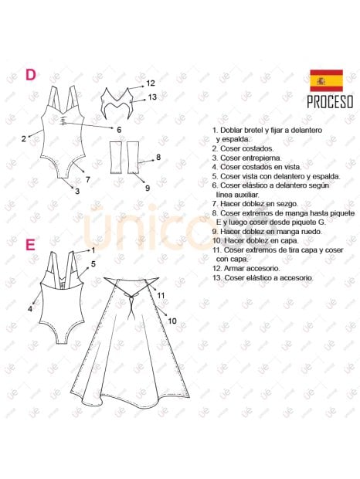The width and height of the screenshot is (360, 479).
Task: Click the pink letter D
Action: click(31, 74)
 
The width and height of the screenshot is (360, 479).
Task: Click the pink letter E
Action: click(30, 245)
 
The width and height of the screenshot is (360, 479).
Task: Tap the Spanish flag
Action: click(327, 80)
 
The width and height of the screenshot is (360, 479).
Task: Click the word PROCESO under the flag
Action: click(330, 102)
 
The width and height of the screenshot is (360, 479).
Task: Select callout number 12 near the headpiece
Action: click(151, 83)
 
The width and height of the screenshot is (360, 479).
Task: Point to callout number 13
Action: click(152, 97)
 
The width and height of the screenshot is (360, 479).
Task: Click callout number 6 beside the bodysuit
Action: click(119, 130)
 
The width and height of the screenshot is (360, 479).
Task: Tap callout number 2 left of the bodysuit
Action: click(24, 139)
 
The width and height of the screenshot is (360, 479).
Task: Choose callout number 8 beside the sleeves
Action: click(158, 157)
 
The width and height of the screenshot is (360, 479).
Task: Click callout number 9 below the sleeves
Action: click(148, 188)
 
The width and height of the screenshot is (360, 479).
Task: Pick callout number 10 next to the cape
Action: click(172, 321)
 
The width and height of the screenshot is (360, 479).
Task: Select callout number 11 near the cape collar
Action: click(161, 295)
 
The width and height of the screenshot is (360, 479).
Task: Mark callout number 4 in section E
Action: click(30, 309)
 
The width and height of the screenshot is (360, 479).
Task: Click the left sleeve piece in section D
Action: click(117, 158)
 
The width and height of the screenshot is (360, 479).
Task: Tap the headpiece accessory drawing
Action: click(117, 102)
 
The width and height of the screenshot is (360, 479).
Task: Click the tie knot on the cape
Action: click(131, 295)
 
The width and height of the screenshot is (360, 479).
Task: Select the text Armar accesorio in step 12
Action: click(252, 269)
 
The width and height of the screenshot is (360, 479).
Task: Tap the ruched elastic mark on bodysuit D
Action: click(63, 121)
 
